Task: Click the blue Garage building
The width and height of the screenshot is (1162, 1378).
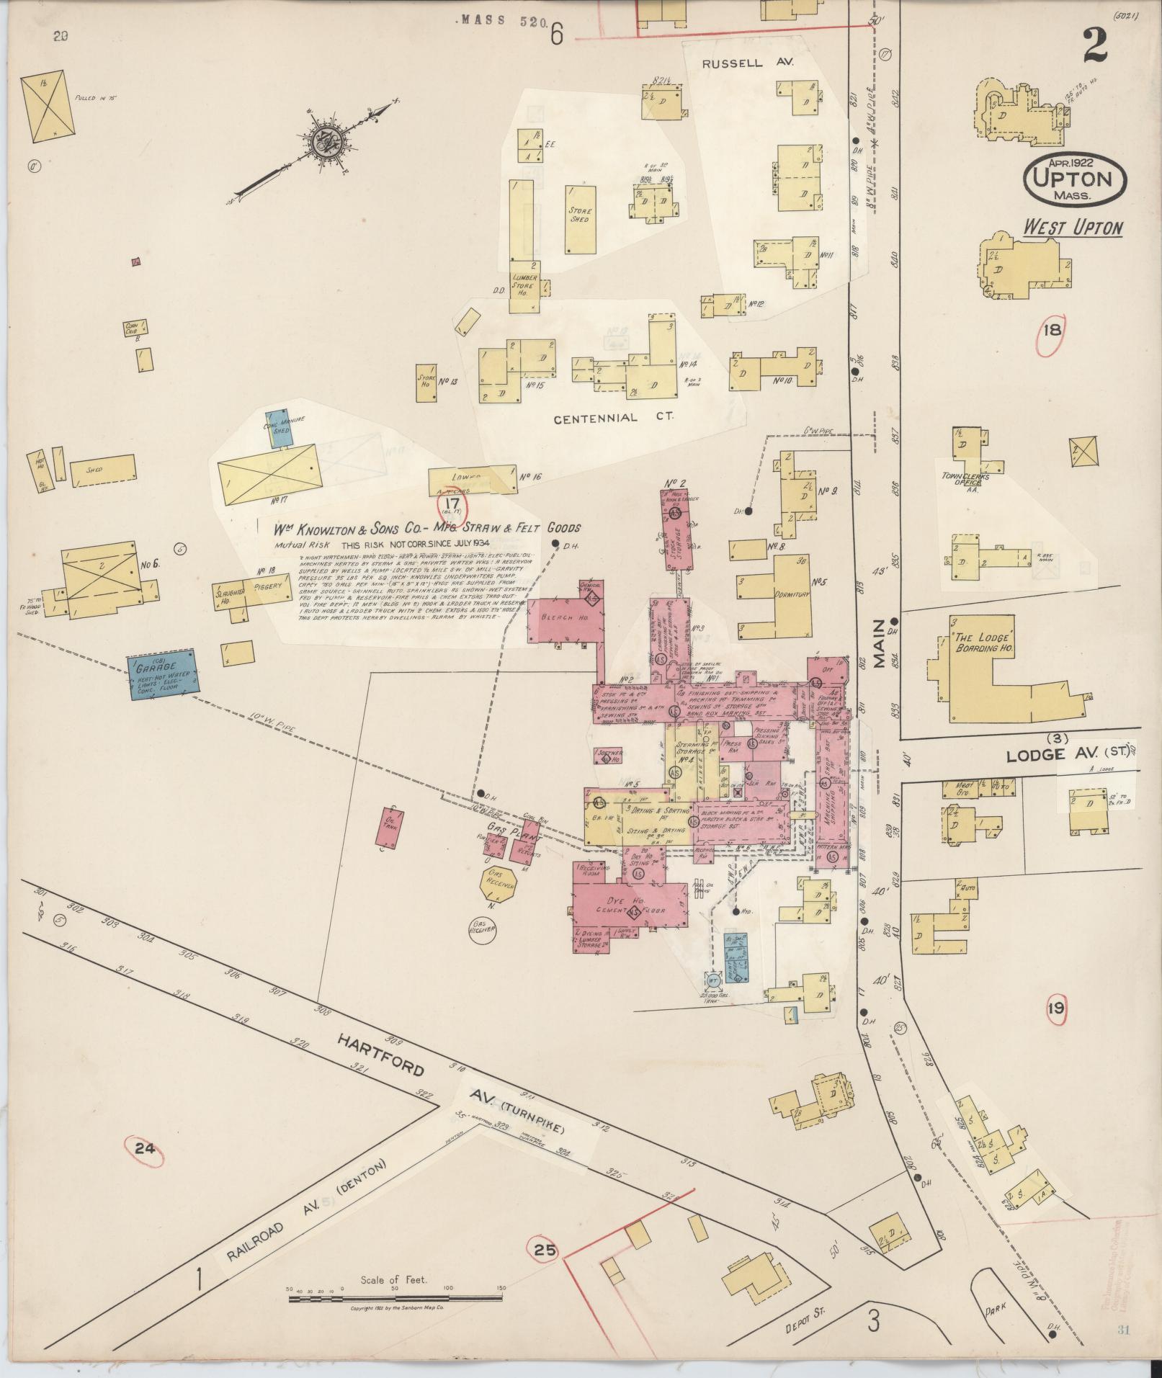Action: point(162,674)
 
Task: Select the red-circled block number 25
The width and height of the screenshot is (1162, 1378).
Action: point(546,1251)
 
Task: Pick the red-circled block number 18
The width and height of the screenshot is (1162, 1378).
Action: point(1052,331)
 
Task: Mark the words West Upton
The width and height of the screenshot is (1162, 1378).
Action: point(1073,228)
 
